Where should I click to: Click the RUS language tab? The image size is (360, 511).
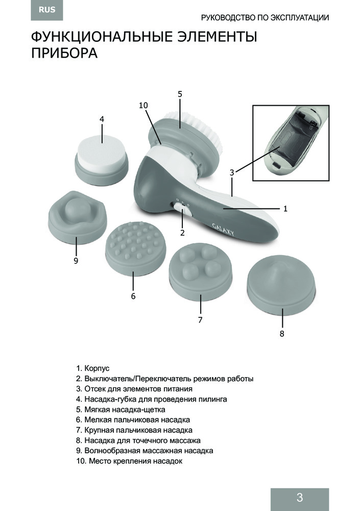47,10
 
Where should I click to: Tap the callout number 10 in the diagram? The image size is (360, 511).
143,105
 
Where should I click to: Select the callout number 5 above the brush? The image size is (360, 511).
180,94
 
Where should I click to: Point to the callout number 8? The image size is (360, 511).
282,334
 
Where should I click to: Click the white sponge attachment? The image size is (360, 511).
101,160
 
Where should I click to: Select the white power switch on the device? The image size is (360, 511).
182,210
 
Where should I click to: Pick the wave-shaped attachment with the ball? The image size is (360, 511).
77,217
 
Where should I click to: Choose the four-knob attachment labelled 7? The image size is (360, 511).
200,270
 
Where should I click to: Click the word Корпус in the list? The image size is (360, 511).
97,368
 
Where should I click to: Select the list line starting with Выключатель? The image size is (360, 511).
165,379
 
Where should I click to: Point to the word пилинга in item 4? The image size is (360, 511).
213,399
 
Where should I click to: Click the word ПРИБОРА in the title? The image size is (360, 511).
64,53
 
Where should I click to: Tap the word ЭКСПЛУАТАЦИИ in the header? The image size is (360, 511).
300,17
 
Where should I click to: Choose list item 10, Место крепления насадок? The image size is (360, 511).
129,461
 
